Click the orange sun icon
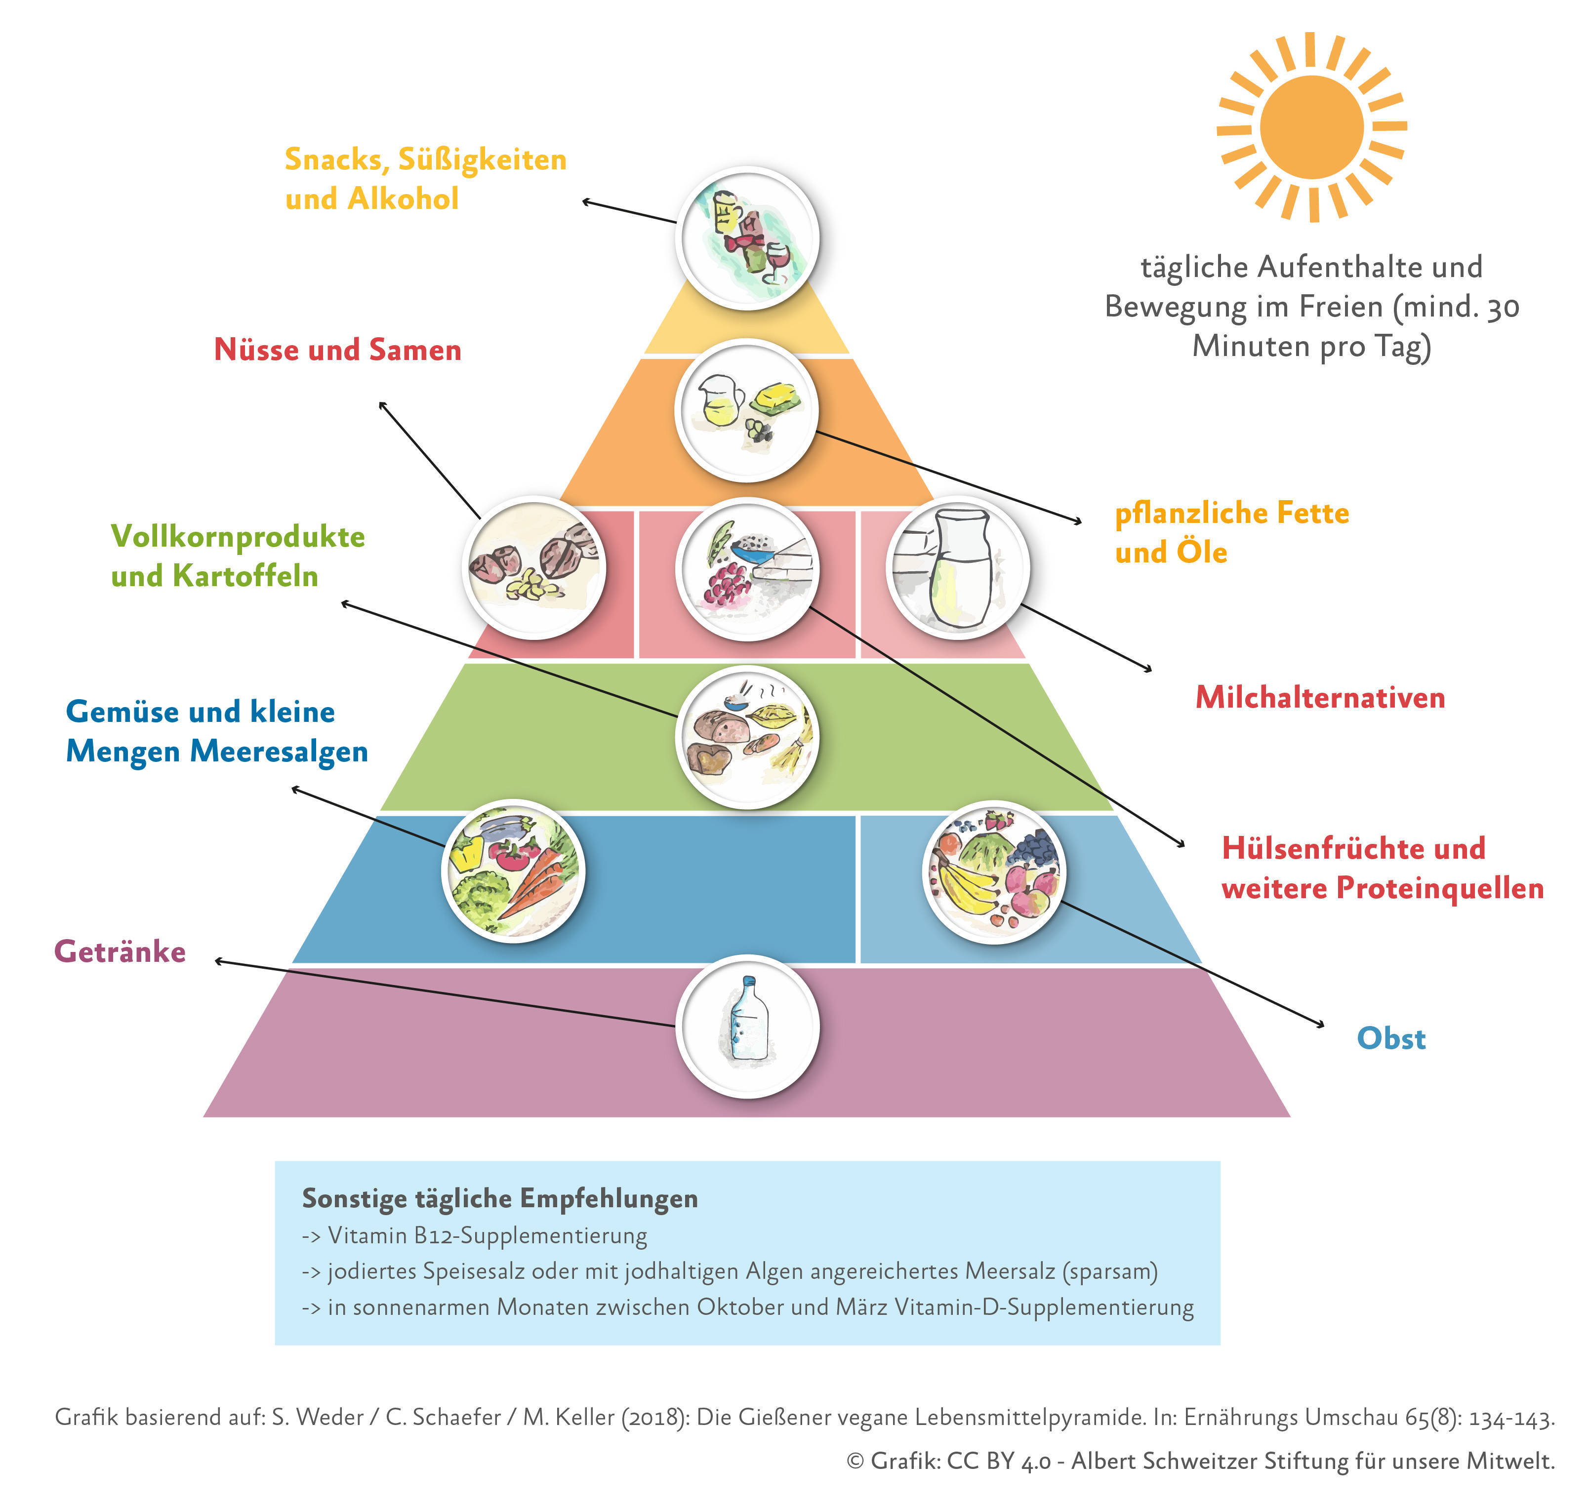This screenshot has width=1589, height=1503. (1311, 126)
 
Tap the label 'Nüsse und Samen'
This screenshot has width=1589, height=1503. (337, 350)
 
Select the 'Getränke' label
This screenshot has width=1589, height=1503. (120, 951)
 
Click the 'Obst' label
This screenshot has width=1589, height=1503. (1390, 1038)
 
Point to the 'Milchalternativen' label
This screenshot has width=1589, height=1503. (1320, 697)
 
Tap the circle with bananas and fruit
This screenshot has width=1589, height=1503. (994, 871)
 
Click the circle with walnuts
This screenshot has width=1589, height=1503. (534, 567)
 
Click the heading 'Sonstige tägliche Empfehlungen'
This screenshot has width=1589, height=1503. (499, 1198)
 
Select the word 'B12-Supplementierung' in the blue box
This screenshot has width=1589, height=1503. (530, 1235)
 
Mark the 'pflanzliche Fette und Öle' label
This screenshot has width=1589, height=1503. (1231, 532)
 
